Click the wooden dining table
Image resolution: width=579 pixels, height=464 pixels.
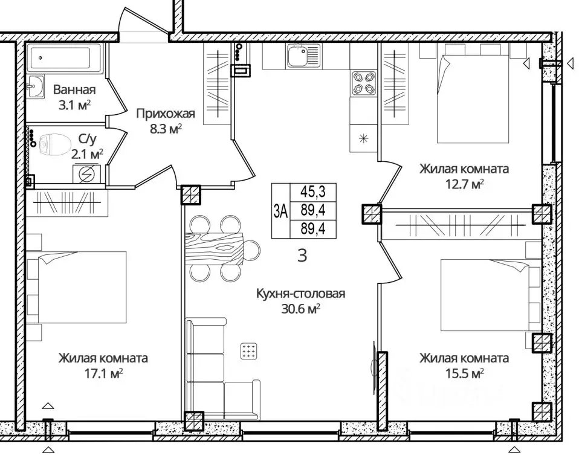[215, 249]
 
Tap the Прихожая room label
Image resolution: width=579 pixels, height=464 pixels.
[166, 114]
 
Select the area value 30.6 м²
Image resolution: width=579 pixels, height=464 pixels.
[300, 309]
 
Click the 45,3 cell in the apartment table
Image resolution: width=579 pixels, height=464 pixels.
[312, 192]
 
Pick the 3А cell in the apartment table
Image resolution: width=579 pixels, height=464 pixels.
[281, 211]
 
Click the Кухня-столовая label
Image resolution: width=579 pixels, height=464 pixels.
[300, 294]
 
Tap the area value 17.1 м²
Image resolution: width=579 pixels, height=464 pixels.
[103, 373]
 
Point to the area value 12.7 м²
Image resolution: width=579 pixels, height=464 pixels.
[465, 184]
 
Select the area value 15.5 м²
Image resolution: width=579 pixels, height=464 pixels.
[465, 373]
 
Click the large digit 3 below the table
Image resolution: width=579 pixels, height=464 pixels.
[302, 256]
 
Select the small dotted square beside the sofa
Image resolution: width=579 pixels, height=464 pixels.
[249, 350]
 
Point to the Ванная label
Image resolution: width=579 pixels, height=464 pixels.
[74, 89]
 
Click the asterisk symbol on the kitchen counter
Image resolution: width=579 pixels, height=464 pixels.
[364, 139]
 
